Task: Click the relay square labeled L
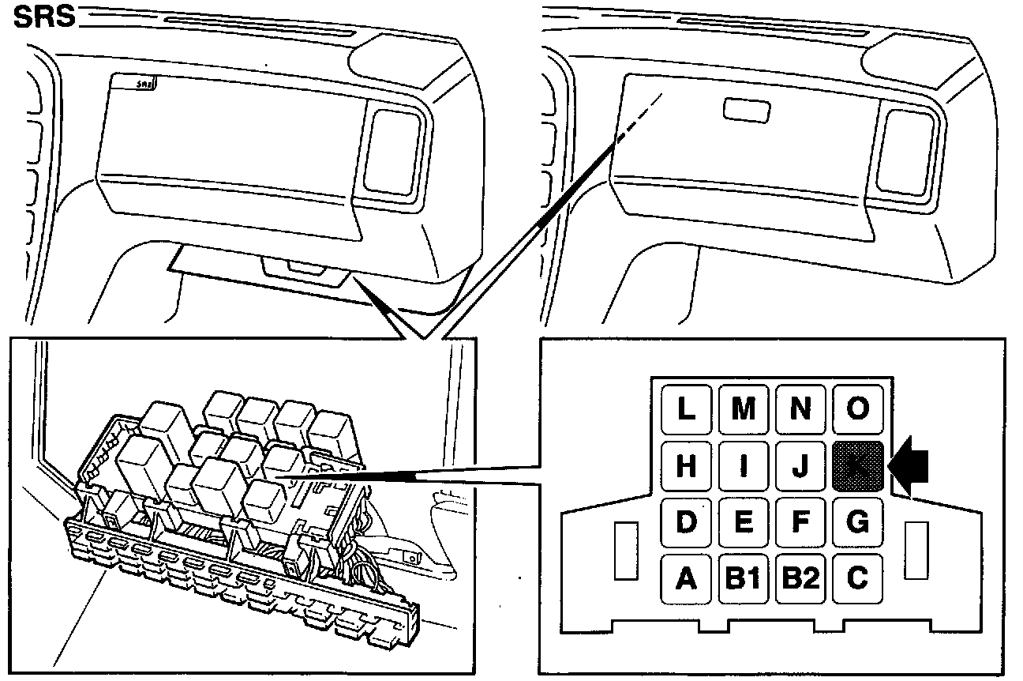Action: [x=686, y=409]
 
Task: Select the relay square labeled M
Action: [x=744, y=409]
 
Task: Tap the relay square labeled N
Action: [x=800, y=409]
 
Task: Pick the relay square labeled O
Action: [x=857, y=409]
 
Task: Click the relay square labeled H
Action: [x=686, y=466]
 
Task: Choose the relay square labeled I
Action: [x=744, y=466]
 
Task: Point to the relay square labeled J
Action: [x=800, y=466]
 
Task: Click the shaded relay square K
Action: [x=857, y=466]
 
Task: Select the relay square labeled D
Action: [x=686, y=522]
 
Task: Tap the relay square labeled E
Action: [x=744, y=522]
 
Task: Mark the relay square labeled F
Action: [x=800, y=522]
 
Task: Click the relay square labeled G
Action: [x=857, y=522]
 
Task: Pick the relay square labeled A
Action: [x=686, y=579]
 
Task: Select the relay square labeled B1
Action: [x=744, y=579]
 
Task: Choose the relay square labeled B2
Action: [x=800, y=579]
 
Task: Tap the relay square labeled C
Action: [x=857, y=579]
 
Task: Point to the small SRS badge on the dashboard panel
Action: [x=144, y=82]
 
